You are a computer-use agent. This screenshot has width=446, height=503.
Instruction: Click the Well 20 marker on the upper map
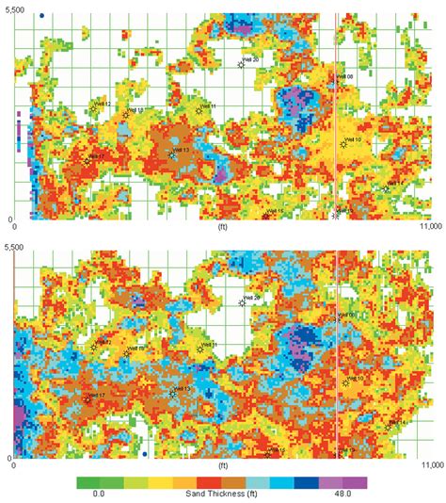[242, 65]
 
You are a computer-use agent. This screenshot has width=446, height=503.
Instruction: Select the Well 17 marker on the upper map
[87, 161]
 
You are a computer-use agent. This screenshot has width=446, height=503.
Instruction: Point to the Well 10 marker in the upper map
[344, 145]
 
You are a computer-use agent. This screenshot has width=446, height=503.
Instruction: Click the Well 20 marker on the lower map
[242, 302]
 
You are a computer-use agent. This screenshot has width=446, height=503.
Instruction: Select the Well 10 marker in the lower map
[344, 382]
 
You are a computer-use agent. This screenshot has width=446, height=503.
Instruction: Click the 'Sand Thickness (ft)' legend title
[222, 494]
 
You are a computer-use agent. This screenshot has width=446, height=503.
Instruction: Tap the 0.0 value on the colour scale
[98, 494]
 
